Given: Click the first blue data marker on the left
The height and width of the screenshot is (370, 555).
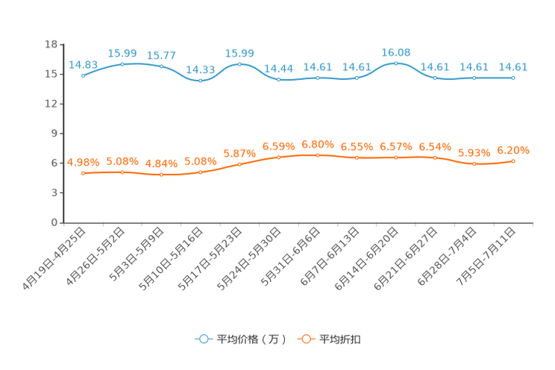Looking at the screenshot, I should coord(83,75).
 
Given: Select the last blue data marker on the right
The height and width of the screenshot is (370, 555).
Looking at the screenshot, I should coord(513,78).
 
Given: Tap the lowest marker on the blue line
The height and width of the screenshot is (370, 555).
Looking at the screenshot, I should coord(200,80).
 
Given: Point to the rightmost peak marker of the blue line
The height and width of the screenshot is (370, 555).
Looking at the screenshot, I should coord(395,63).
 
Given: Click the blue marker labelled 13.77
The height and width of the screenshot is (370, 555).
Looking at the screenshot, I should coord(161,66).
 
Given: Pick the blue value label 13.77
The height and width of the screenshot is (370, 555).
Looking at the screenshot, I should coord(161,54).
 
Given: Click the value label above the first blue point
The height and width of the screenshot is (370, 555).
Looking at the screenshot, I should coord(83,64).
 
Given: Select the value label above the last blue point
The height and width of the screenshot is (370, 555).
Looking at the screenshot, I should coord(513,67).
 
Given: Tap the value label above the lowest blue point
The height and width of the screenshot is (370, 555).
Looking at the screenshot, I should coord(200,69).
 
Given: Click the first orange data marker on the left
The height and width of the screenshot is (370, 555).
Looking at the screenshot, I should coord(84,172).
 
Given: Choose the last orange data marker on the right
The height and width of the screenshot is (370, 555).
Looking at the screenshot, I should coord(513,161).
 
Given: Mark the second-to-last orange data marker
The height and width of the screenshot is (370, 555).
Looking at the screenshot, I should coord(474,164).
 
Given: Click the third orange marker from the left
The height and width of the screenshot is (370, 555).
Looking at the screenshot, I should coord(161,174).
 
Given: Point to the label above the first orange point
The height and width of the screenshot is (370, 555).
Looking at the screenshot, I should coord(83,161).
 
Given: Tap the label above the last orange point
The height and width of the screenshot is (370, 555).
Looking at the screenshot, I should coord(513,150).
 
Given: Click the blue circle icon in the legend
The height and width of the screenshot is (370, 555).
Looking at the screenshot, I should coord(203,339).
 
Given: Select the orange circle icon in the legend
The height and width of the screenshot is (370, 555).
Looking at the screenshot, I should coord(306,339).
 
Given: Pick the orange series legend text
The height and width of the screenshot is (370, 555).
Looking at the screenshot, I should coord(340,339).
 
